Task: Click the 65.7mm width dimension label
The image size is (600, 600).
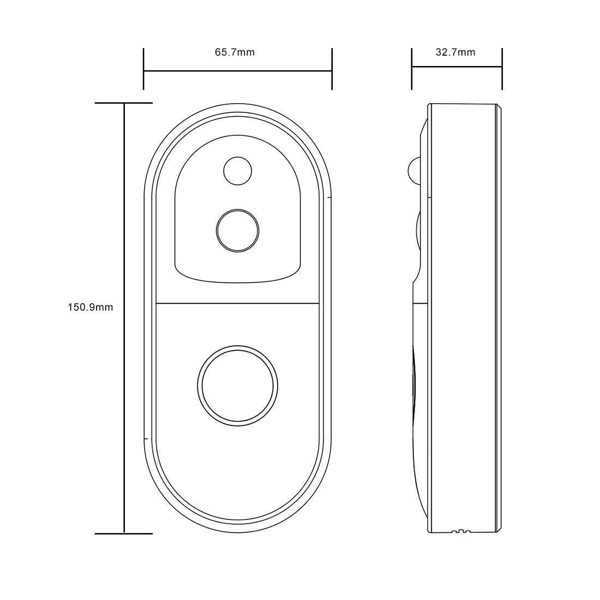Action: coord(235,52)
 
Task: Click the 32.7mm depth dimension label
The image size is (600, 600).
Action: coord(455,52)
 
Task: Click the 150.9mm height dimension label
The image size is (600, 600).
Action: coord(91,307)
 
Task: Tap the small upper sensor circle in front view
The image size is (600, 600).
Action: coord(238,171)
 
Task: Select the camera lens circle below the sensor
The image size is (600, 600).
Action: coord(237,230)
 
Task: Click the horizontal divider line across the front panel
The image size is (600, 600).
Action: coord(237,303)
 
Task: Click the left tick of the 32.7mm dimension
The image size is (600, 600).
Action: coord(412,68)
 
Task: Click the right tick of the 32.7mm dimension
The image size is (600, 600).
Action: coord(502,68)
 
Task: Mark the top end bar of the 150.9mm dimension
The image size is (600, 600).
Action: coord(123,103)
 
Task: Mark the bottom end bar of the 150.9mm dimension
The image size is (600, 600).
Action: coord(123,533)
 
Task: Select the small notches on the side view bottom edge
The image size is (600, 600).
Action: coord(461,531)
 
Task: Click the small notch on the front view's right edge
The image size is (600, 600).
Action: coord(329,197)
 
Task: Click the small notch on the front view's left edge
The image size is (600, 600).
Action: coord(145,438)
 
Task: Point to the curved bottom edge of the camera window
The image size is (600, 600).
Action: coord(237,281)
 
